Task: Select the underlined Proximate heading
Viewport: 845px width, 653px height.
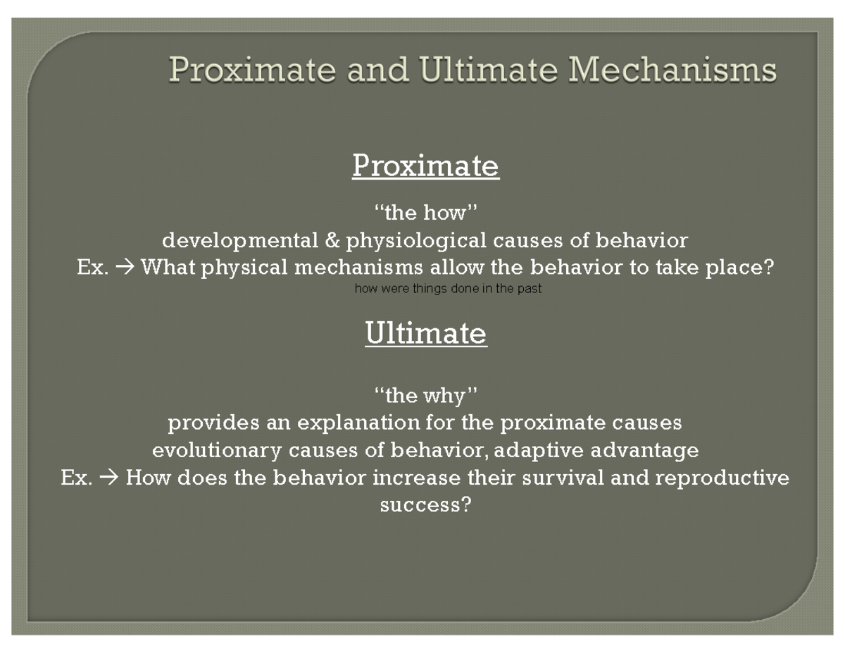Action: pyautogui.click(x=425, y=166)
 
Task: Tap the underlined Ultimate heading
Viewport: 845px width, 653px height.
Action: pyautogui.click(x=425, y=333)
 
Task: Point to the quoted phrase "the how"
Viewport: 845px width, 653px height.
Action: pyautogui.click(x=425, y=212)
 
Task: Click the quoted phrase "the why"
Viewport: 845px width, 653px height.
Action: pyautogui.click(x=425, y=396)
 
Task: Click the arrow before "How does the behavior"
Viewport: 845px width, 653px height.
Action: pyautogui.click(x=109, y=478)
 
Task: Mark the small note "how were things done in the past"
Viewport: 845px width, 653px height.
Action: pyautogui.click(x=448, y=289)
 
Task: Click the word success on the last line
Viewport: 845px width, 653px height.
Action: pyautogui.click(x=420, y=505)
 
